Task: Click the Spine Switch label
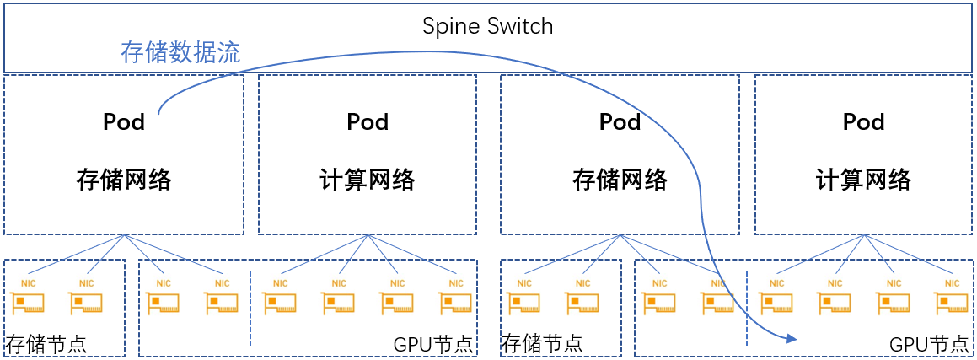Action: click(487, 26)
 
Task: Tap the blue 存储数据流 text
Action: click(180, 53)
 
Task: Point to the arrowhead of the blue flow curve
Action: click(791, 339)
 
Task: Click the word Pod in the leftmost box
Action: click(124, 122)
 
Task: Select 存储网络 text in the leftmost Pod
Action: click(124, 180)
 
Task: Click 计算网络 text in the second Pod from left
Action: click(368, 180)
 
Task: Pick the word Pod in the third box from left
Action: click(620, 122)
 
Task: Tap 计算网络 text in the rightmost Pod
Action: click(863, 180)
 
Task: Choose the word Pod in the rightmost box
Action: click(863, 122)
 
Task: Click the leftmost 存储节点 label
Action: click(46, 344)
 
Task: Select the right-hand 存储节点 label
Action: click(542, 344)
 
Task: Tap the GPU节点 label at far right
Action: click(929, 344)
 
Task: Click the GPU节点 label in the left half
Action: click(433, 344)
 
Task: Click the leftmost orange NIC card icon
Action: click(28, 302)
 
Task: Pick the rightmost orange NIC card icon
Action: click(950, 302)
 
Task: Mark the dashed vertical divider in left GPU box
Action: click(250, 309)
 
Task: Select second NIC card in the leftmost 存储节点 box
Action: click(86, 302)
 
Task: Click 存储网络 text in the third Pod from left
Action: click(620, 180)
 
